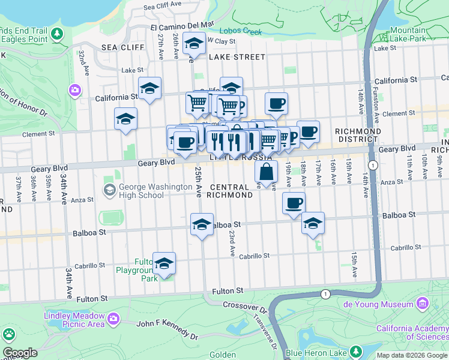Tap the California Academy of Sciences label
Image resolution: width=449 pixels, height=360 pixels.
click(x=412, y=332)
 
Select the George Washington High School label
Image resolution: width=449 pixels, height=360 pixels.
click(x=142, y=191)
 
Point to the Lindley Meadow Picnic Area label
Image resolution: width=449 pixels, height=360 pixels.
click(x=74, y=320)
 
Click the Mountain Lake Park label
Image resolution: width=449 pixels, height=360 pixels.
click(x=415, y=34)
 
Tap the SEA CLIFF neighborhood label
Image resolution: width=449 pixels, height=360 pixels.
click(x=123, y=47)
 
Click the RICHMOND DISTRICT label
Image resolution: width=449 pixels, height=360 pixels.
click(x=358, y=135)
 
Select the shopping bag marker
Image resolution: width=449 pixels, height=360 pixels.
click(x=267, y=172)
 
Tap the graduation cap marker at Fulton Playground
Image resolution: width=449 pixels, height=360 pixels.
click(x=164, y=263)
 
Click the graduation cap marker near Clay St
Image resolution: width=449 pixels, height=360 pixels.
click(x=194, y=44)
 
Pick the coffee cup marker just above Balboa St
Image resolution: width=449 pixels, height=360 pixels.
click(x=294, y=203)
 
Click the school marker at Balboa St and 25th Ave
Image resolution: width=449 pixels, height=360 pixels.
click(x=202, y=225)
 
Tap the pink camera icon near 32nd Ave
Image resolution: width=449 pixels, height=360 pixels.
click(x=75, y=90)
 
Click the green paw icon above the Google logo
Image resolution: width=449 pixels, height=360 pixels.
click(x=9, y=334)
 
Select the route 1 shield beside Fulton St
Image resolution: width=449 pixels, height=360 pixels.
click(x=325, y=294)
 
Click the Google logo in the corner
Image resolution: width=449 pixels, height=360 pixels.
click(x=20, y=352)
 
